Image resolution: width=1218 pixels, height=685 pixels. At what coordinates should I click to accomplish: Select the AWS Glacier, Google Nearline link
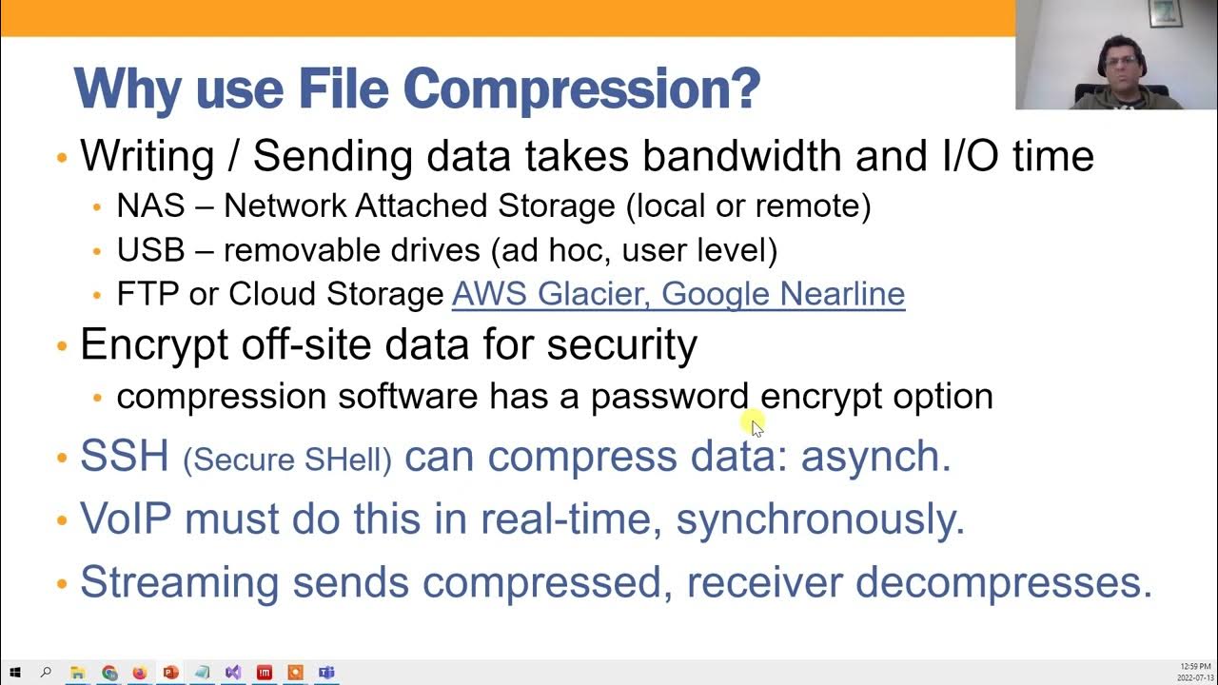coord(678,294)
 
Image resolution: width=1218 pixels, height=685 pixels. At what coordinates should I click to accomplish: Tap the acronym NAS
coord(150,205)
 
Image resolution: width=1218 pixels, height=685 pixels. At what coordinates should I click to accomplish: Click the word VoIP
coord(126,519)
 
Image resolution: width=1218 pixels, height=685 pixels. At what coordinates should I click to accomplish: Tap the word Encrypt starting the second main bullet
coord(153,344)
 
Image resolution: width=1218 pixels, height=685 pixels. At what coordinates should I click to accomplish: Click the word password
coord(670,396)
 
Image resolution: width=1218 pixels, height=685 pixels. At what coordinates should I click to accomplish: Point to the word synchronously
coord(819,519)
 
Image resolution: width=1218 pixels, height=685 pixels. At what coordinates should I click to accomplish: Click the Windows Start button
coord(15,673)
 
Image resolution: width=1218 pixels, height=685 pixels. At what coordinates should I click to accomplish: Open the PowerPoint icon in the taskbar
coord(170,673)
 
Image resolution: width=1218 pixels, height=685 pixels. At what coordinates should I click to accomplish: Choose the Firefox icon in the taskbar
coord(140,673)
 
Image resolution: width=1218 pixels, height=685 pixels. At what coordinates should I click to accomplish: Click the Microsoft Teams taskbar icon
coord(326,673)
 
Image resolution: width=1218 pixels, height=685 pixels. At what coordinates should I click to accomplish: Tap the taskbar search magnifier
coord(46,673)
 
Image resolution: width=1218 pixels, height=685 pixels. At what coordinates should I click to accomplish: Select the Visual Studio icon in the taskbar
coord(233,673)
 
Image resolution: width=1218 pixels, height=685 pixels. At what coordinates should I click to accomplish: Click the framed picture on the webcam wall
coord(1165,12)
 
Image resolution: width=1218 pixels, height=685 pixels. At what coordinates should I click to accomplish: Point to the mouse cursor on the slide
coord(756,427)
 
